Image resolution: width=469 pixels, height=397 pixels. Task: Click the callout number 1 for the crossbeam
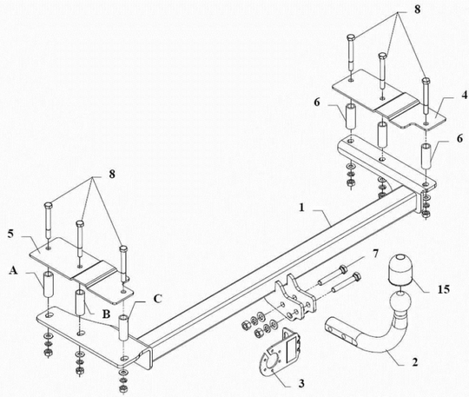301,207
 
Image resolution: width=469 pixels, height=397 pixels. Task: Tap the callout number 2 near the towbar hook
414,362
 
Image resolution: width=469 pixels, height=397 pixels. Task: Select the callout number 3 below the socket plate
301,383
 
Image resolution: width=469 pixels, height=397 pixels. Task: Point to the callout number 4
464,96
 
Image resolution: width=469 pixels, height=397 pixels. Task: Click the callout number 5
10,234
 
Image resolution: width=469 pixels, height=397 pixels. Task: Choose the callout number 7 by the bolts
375,254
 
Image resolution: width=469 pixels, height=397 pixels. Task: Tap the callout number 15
444,289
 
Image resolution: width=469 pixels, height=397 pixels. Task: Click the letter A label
13,270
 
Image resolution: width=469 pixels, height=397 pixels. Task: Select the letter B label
106,314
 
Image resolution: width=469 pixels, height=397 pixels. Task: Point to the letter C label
158,299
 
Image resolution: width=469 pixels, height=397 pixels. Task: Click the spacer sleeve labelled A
48,284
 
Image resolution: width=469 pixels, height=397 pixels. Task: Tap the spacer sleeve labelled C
123,328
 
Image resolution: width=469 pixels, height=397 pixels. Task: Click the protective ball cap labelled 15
399,268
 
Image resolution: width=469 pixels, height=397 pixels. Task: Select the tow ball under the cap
400,301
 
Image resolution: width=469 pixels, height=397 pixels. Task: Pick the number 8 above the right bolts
417,10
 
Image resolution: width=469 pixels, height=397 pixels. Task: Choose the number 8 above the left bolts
112,174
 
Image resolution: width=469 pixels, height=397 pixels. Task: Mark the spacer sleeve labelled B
79,302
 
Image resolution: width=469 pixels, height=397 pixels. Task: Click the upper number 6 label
317,103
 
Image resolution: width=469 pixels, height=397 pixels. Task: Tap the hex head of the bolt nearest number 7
344,268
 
